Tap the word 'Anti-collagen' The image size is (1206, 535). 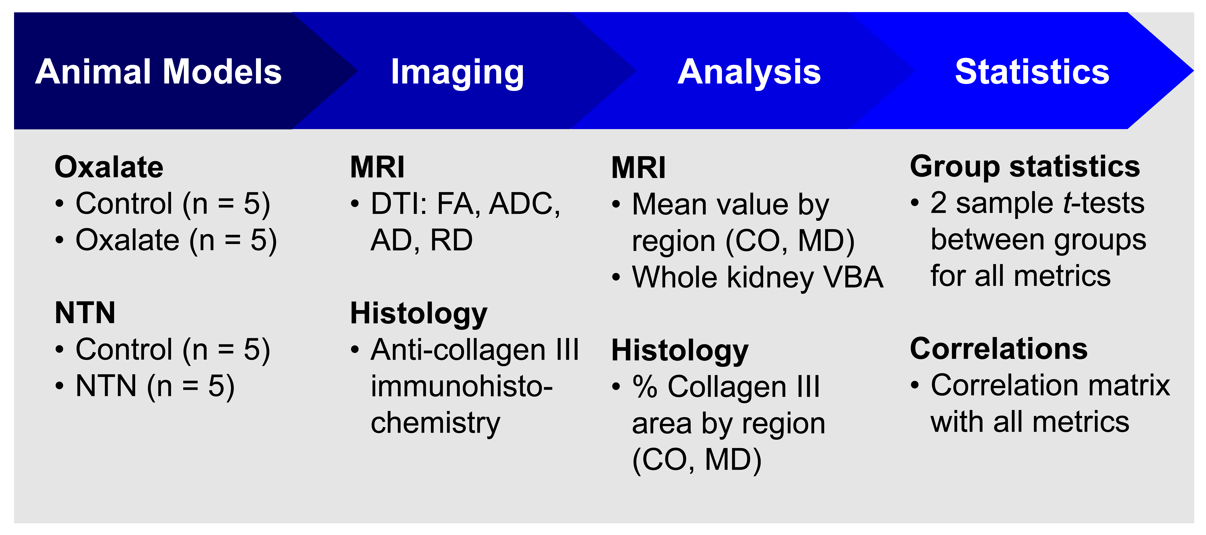pos(458,351)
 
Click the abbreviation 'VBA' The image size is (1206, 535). pos(854,277)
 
